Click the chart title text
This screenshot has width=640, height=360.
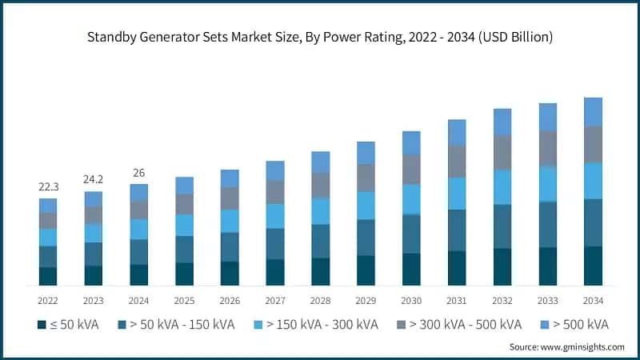point(320,37)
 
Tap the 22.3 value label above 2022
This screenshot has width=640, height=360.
point(48,186)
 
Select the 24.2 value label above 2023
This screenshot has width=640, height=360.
point(94,179)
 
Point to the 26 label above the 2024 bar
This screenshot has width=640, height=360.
point(139,172)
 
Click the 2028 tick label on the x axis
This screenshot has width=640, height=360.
point(321,300)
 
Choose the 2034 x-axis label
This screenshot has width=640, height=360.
point(593,300)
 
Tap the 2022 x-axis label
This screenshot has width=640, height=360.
point(48,300)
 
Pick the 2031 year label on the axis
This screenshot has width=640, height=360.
point(457,300)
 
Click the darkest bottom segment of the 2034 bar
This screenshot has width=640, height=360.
point(593,266)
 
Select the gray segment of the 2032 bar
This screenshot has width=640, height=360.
point(502,152)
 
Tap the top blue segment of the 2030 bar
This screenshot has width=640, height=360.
point(411,142)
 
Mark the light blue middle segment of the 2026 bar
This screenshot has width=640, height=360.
point(230,221)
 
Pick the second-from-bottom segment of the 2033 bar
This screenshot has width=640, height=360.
point(548,224)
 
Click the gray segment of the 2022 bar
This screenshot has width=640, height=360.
point(48,221)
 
